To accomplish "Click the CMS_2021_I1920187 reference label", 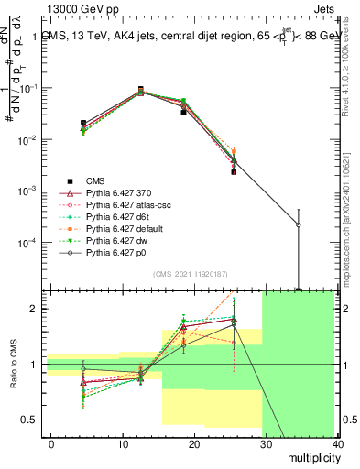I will click(x=192, y=273).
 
